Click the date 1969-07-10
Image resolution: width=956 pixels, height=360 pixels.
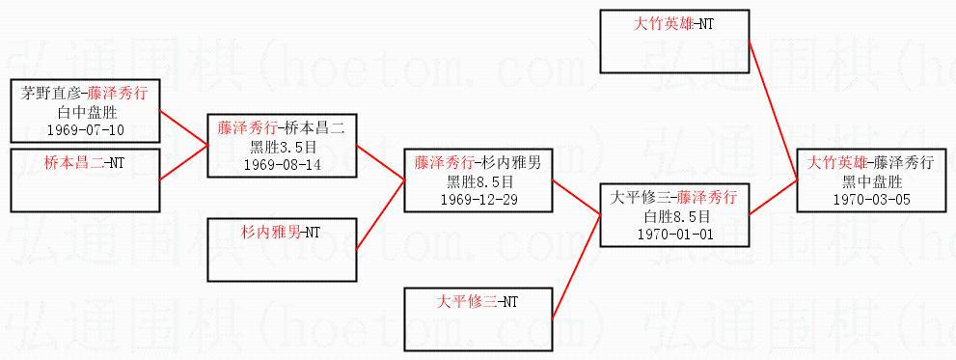(85, 129)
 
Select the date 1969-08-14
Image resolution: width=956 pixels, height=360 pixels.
(282, 164)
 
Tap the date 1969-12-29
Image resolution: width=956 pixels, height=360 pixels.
(478, 199)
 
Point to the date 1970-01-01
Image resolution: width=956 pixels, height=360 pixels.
(675, 234)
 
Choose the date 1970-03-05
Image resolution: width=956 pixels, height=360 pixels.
(872, 199)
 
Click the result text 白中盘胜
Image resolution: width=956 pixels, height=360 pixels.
(85, 111)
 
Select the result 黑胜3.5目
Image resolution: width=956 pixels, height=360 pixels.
(282, 146)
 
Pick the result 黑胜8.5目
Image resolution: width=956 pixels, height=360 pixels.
(478, 180)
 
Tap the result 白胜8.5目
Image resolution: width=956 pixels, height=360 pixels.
(675, 215)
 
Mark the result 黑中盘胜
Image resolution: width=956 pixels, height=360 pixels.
(872, 180)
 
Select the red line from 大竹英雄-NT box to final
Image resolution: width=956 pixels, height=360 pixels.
(773, 110)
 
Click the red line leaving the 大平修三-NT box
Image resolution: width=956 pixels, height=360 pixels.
(577, 266)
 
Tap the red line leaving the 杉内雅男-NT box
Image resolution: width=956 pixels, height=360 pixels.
(380, 214)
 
